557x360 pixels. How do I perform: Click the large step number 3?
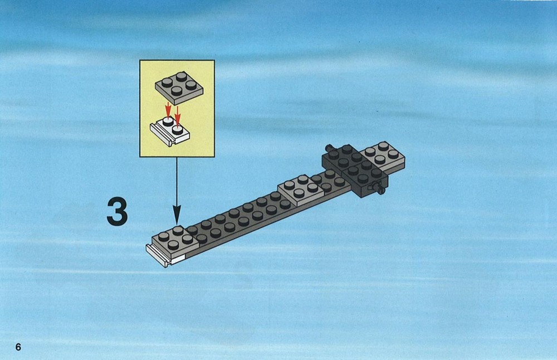117,212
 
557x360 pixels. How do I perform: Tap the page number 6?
18,347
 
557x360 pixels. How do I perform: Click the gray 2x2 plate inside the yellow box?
179,88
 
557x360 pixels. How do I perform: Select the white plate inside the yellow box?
169,132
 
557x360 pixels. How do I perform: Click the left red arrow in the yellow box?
168,109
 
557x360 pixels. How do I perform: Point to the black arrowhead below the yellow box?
177,217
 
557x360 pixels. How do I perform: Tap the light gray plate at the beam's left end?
175,242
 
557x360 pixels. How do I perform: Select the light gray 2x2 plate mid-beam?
301,190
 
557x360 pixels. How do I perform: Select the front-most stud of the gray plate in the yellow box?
177,91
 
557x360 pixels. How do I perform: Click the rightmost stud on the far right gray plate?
393,154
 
